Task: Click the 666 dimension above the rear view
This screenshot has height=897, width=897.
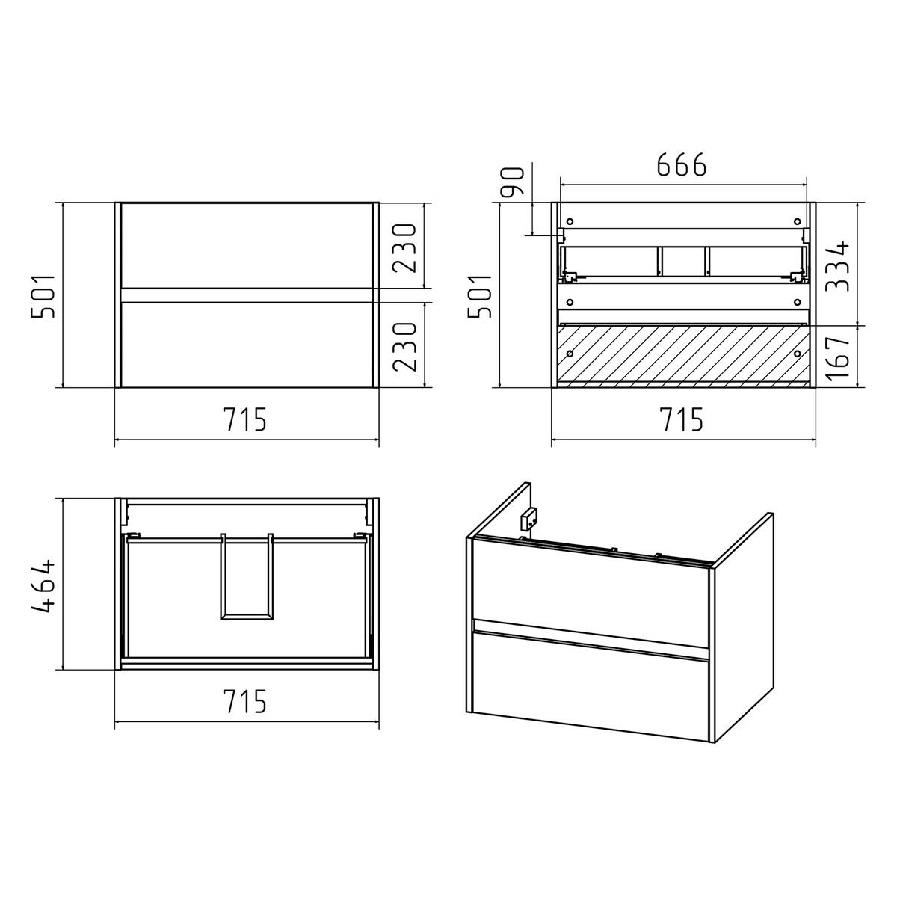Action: (x=682, y=165)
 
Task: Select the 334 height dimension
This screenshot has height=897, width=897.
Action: (x=837, y=266)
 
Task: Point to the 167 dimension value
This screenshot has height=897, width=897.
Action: (x=837, y=357)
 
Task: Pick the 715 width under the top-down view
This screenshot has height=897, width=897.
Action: (x=245, y=701)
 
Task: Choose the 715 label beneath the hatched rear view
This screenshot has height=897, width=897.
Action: (x=682, y=419)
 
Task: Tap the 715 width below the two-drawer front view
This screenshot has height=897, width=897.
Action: (x=245, y=419)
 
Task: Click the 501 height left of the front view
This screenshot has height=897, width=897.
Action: (x=43, y=297)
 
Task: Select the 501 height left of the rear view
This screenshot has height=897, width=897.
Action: (x=479, y=297)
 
